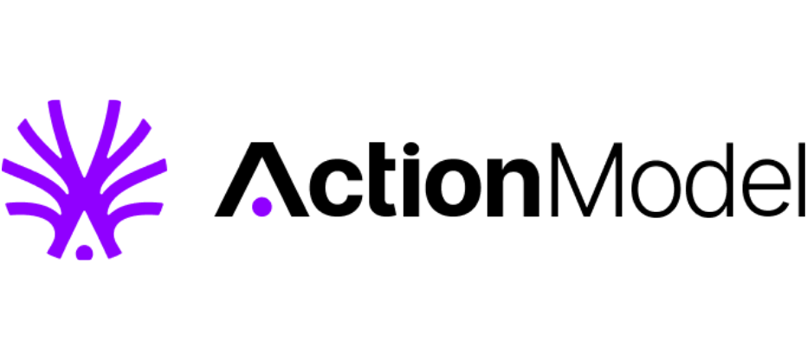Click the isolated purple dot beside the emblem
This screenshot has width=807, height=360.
coord(261,207)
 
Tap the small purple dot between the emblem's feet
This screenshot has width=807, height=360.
coord(84,253)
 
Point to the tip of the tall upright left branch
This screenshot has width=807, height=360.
coord(55,105)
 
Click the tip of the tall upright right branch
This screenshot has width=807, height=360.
coord(113,105)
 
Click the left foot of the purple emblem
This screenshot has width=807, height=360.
coord(55,249)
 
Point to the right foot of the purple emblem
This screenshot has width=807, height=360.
coord(113,249)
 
